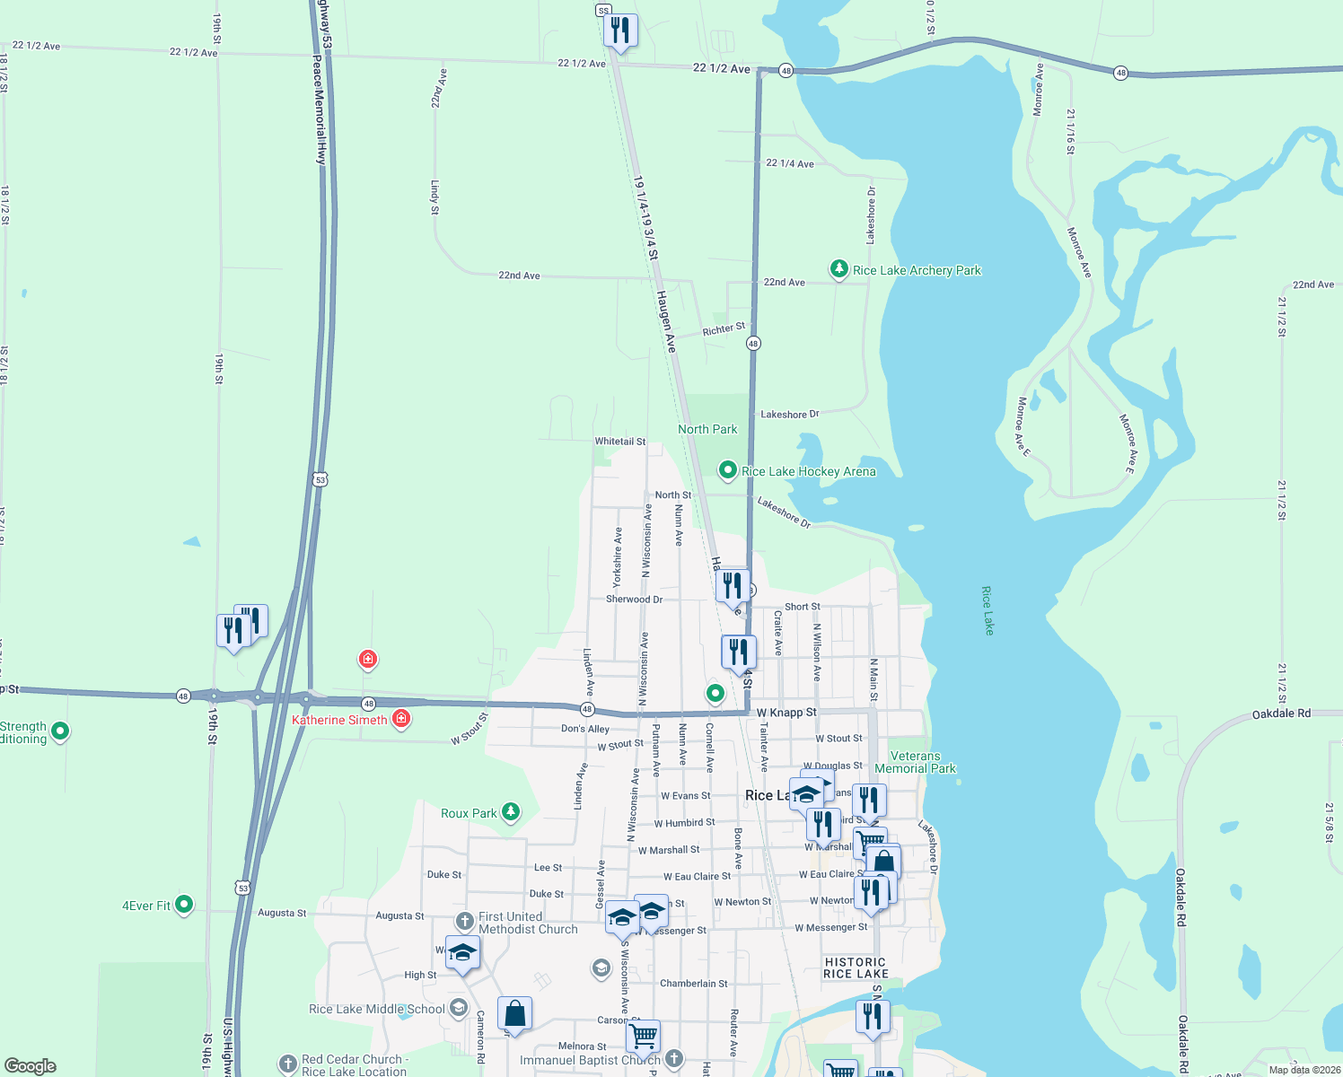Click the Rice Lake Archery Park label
tap(917, 270)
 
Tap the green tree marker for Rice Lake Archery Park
tap(838, 268)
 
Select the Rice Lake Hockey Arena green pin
tap(728, 470)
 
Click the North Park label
tap(707, 429)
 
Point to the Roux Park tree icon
tap(511, 812)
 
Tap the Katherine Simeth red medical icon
tap(401, 719)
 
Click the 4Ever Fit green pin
tap(184, 904)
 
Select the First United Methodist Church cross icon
tap(464, 921)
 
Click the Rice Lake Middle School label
tap(376, 1009)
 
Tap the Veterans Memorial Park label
tap(915, 762)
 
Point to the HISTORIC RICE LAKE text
tap(856, 968)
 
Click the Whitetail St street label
tap(619, 442)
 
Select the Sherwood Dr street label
tap(634, 599)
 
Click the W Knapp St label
tap(786, 713)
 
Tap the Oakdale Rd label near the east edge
tap(1281, 714)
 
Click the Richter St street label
tap(724, 329)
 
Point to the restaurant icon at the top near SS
tap(620, 30)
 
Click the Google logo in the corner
tap(31, 1066)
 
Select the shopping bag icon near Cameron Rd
tap(514, 1013)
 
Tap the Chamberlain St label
tap(694, 984)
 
